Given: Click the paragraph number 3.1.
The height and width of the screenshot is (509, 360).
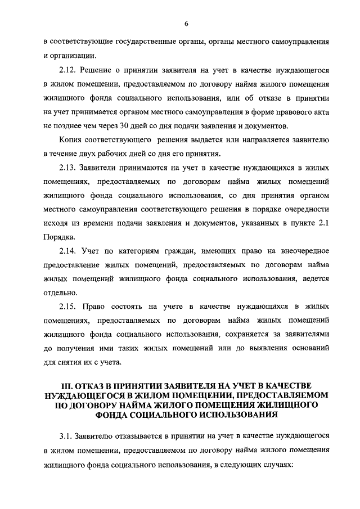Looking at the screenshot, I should coord(65,436).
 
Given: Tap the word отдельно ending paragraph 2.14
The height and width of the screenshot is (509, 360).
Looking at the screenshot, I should coord(61,293).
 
